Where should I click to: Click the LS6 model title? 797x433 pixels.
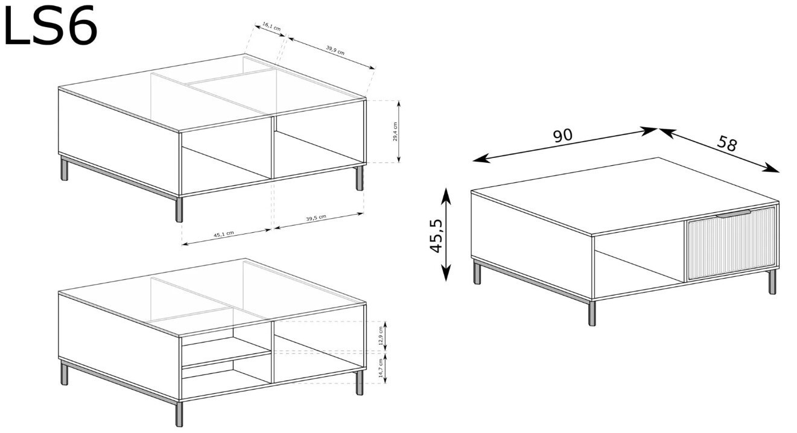50,25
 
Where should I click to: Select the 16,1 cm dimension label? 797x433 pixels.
271,27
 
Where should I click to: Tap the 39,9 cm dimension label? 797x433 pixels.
335,50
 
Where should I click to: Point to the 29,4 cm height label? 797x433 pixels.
395,131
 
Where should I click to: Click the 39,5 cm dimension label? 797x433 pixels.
316,218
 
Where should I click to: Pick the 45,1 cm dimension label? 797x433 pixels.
223,234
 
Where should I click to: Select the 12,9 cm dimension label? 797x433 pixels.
381,335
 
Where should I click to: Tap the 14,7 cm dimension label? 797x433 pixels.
381,368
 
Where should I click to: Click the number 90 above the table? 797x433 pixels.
562,136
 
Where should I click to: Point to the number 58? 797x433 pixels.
726,144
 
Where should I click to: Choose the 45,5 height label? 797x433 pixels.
436,236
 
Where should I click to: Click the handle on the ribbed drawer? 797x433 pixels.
733,213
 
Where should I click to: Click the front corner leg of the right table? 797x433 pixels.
592,313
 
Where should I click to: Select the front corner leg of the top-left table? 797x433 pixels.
179,209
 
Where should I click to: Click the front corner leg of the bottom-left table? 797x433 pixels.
179,414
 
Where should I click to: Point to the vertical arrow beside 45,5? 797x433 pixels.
446,235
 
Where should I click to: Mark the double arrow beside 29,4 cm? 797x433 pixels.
399,131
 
